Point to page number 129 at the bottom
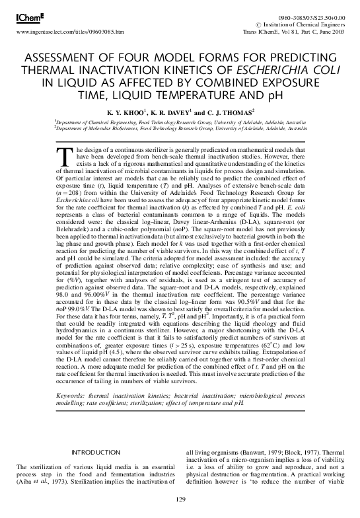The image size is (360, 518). pos(180,499)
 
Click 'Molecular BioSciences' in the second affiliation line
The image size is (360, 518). pos(109,128)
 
